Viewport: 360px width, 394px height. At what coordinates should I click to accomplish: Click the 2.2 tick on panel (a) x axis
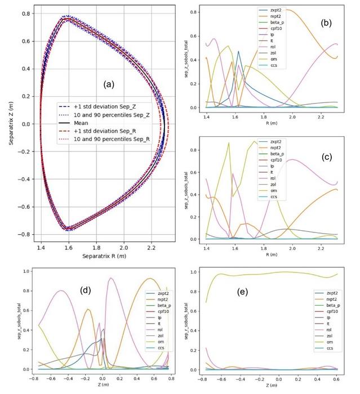click(x=152, y=247)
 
